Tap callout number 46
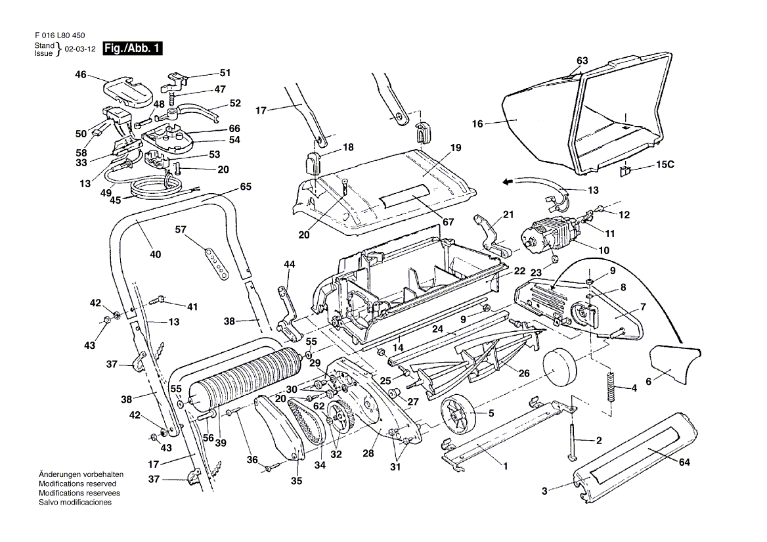[x=81, y=75]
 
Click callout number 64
[x=684, y=462]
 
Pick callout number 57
[x=181, y=230]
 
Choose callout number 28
[x=368, y=453]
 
